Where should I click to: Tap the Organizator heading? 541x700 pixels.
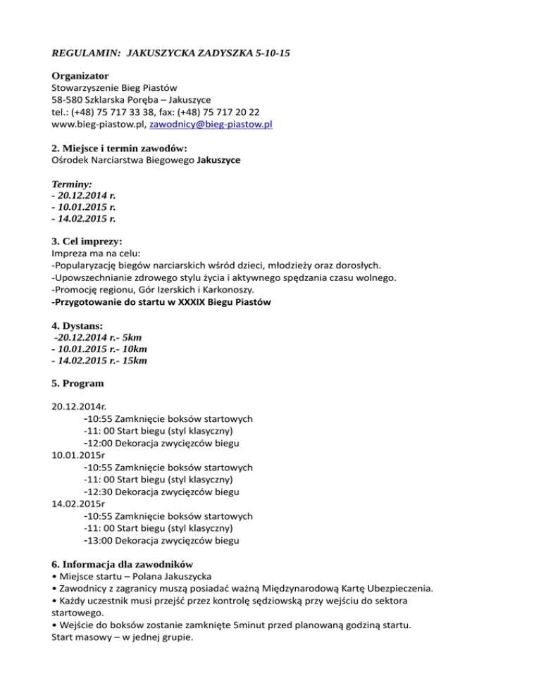click(x=80, y=75)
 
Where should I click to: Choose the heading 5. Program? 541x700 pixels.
click(x=78, y=384)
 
